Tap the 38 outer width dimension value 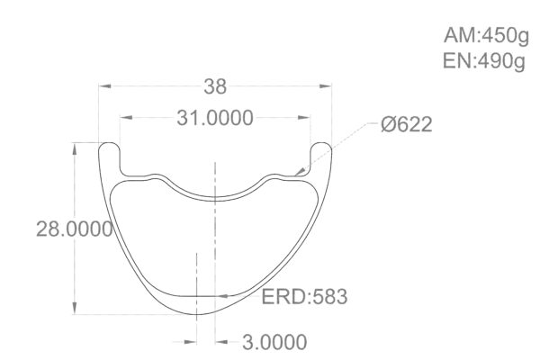pos(215,86)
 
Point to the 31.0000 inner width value pos(213,118)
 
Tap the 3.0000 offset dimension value pos(271,342)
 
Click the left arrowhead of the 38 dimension pos(103,86)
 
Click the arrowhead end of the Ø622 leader pos(299,171)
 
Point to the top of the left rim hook pos(109,142)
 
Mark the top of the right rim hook pos(321,142)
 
